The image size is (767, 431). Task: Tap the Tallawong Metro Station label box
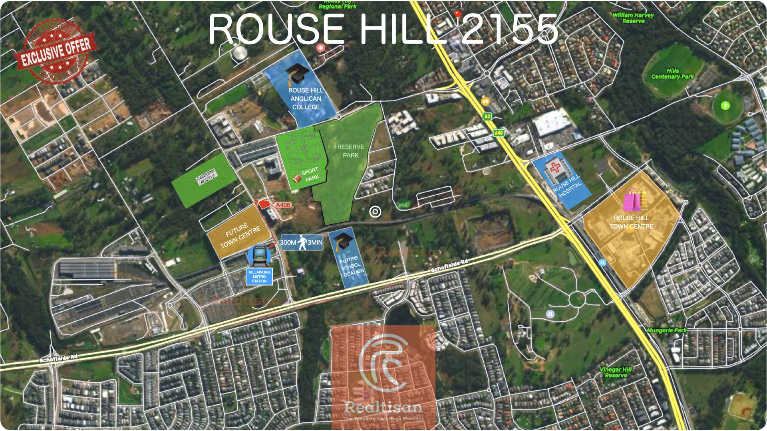pos(259,277)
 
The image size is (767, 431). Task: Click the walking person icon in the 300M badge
pos(302,242)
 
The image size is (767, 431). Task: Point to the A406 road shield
pos(283,205)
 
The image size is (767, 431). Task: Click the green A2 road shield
pos(487,117)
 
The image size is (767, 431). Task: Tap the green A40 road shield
pos(499,133)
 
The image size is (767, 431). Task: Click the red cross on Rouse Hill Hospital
pos(555,166)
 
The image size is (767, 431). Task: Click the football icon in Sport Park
pos(297,178)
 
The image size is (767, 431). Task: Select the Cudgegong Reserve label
pos(206,176)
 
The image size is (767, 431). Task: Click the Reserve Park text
pos(350,151)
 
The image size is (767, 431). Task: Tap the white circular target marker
pos(375,212)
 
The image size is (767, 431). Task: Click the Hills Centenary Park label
pos(672,74)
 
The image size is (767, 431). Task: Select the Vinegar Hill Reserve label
pos(616,372)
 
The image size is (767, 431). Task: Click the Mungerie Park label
pos(666,330)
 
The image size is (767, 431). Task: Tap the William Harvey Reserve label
pos(633,18)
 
